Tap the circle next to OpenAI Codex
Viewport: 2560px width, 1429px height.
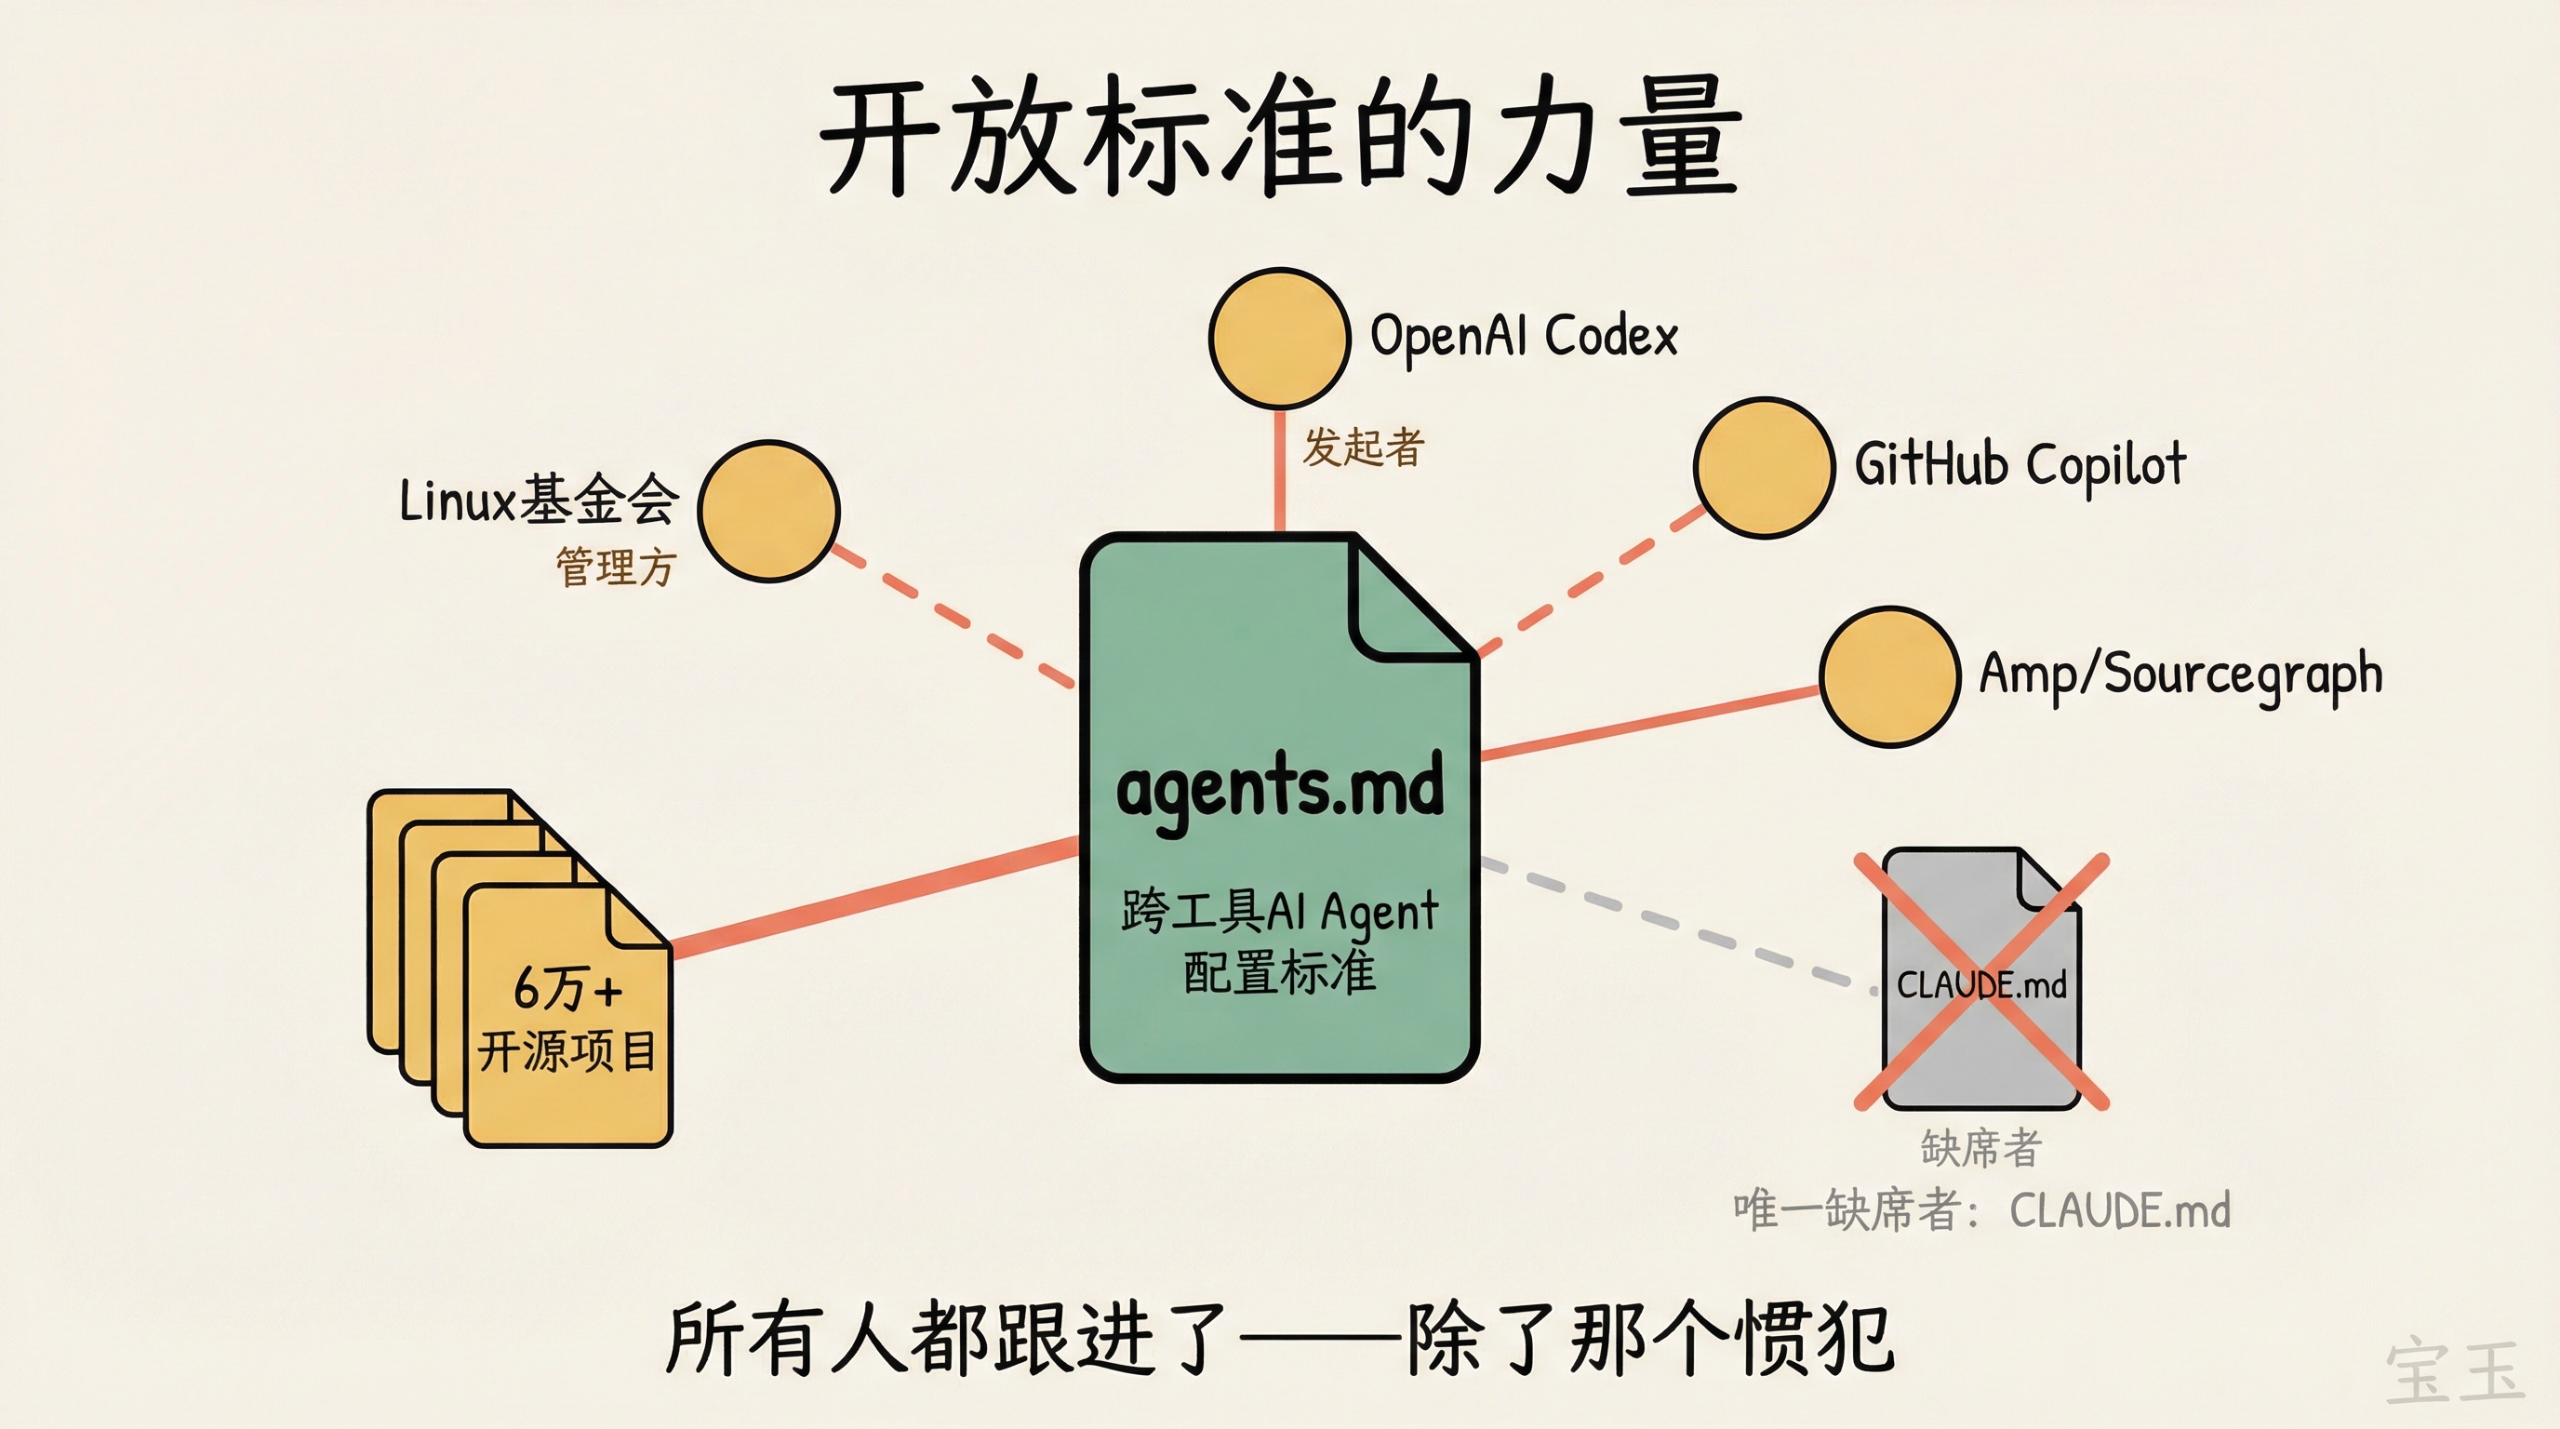[1279, 338]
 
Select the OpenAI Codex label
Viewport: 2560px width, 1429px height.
[1524, 336]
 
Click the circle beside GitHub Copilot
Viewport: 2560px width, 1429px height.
[1763, 468]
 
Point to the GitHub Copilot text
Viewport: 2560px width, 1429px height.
[2020, 465]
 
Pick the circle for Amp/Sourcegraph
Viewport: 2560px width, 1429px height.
[1888, 676]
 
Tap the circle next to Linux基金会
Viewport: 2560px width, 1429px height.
[768, 511]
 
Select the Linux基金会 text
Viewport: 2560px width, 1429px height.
[539, 500]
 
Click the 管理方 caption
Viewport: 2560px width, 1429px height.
[615, 568]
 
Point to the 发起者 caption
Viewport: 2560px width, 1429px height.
[1364, 447]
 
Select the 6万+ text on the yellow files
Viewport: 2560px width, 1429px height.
[567, 989]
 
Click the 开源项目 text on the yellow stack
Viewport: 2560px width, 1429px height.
[567, 1050]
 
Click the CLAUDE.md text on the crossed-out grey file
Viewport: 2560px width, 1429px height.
[1980, 985]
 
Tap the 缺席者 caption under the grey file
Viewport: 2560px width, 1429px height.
[1980, 1148]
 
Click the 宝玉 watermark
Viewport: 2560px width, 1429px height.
[2455, 1371]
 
